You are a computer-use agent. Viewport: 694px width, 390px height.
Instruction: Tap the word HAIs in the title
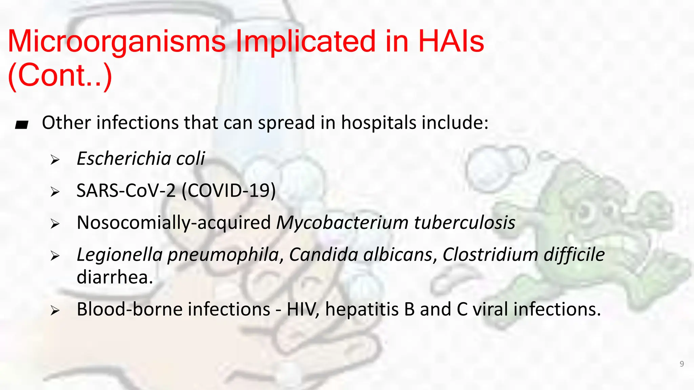(x=451, y=42)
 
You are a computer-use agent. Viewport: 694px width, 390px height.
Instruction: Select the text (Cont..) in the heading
(x=60, y=75)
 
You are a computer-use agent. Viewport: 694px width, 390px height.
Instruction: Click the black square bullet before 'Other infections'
(x=22, y=125)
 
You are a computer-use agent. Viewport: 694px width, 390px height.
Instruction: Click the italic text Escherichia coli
(x=141, y=158)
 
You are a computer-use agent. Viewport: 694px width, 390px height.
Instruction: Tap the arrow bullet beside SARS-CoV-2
(x=55, y=192)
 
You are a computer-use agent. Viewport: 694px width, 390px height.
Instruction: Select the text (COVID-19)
(x=229, y=191)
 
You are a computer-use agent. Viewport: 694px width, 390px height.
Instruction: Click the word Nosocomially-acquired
(x=173, y=223)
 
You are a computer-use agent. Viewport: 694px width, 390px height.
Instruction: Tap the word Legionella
(x=120, y=255)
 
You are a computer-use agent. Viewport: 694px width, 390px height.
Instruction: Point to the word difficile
(x=574, y=255)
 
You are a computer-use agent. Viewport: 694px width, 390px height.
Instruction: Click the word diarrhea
(x=115, y=277)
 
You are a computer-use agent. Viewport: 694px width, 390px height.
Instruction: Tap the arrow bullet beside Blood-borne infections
(x=55, y=310)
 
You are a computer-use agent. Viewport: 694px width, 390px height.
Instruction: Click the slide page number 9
(x=682, y=364)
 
